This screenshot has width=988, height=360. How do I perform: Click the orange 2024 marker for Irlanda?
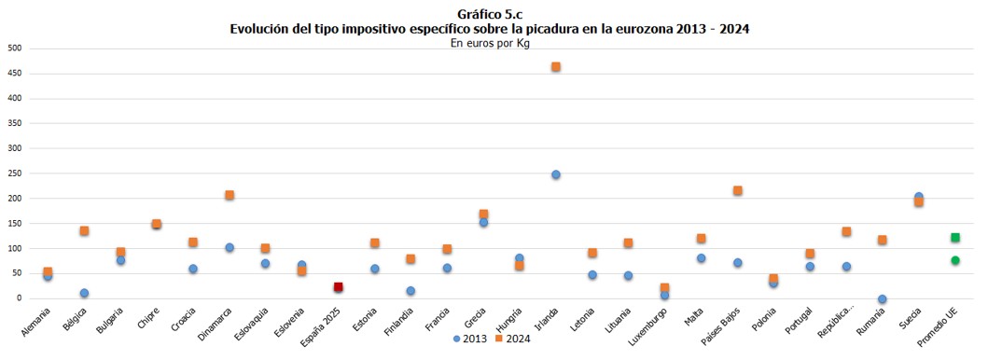tap(556, 67)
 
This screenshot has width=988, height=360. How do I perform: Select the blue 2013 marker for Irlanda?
tap(556, 174)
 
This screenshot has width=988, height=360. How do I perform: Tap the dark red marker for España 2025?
tap(339, 287)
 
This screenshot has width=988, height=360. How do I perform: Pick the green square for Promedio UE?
tap(955, 238)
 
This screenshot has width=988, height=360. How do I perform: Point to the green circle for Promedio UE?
tap(955, 260)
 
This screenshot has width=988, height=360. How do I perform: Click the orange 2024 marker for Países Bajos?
tap(738, 190)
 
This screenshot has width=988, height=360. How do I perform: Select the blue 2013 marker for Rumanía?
tap(883, 299)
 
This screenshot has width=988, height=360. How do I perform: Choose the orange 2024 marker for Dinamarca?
tap(230, 195)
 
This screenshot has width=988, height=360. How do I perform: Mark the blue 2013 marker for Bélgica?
tap(84, 293)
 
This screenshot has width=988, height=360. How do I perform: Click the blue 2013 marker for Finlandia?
tap(411, 291)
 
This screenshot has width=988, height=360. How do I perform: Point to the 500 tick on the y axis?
tap(14, 48)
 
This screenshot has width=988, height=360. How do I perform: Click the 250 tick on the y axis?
tap(14, 173)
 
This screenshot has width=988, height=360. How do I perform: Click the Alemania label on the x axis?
tap(36, 323)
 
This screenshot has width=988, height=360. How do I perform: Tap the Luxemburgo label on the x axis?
tap(649, 325)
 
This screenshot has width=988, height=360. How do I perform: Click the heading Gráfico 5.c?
tap(490, 14)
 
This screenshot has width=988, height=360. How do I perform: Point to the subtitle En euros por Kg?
tap(490, 43)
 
